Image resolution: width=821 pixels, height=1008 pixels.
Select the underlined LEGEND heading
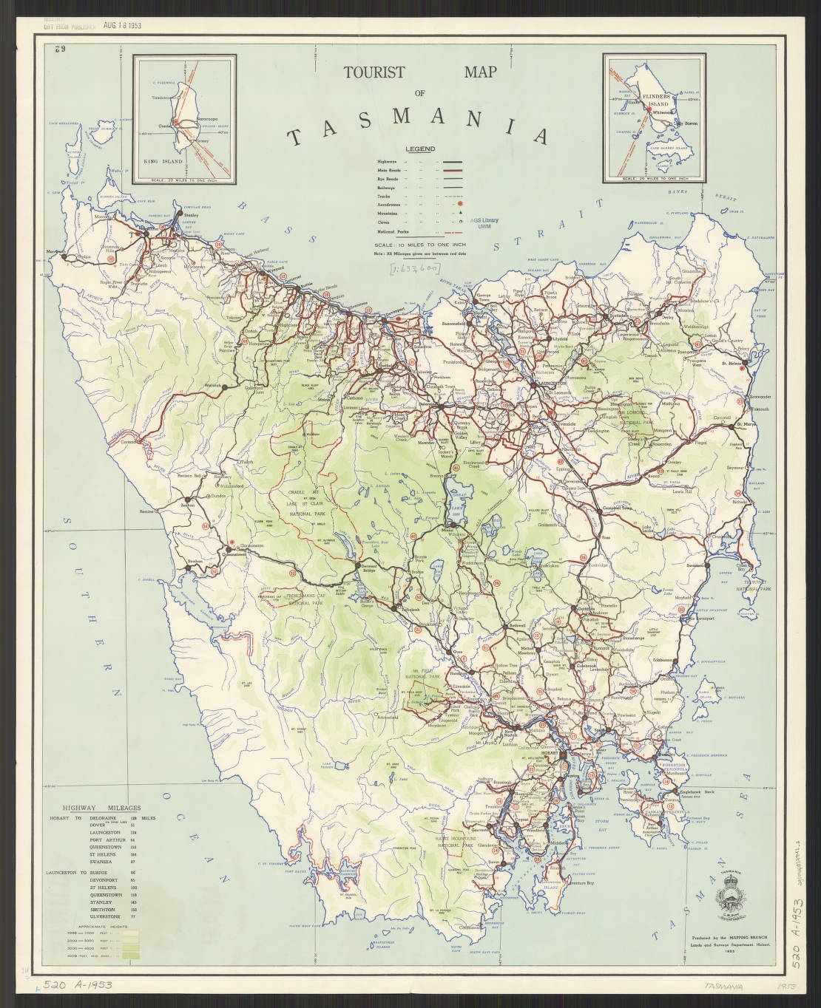(419, 149)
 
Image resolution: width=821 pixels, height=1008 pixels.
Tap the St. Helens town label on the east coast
(734, 363)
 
